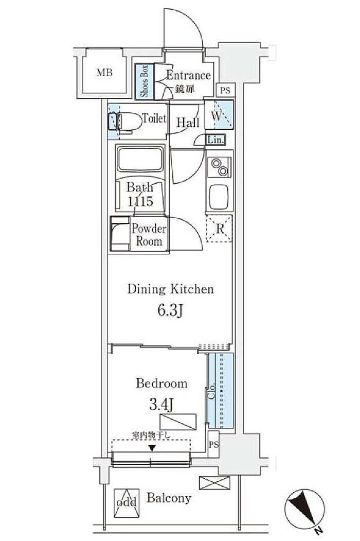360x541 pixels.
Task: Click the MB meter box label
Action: (104, 73)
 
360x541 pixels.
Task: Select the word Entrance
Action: (188, 76)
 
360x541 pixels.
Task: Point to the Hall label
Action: (188, 123)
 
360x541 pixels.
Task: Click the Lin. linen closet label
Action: (215, 140)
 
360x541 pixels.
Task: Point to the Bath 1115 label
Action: (140, 194)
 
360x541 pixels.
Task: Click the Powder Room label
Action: (149, 235)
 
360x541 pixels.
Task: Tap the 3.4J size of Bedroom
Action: (161, 405)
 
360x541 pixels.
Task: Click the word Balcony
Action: (169, 498)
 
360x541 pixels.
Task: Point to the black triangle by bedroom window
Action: (152, 447)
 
